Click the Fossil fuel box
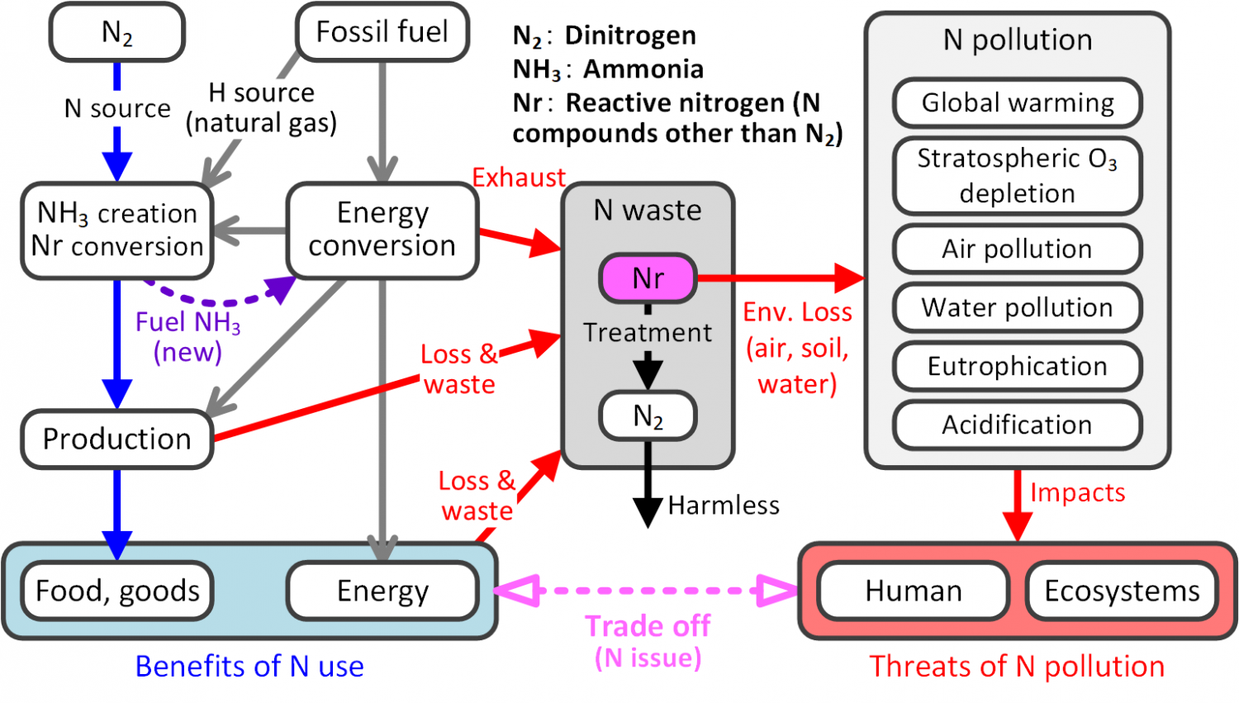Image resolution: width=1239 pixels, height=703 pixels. click(x=382, y=32)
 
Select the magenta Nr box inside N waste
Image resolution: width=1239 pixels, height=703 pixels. click(x=648, y=278)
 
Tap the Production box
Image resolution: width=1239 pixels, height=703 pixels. click(x=117, y=439)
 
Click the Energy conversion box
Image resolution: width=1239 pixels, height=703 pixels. click(x=382, y=230)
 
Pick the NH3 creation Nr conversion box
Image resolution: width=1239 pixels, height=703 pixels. click(x=117, y=230)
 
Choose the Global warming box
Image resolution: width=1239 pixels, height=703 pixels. click(x=1017, y=103)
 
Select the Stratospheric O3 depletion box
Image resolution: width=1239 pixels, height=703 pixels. click(x=1017, y=176)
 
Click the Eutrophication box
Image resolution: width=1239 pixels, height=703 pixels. click(x=1017, y=366)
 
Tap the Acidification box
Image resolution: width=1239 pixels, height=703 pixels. click(x=1017, y=425)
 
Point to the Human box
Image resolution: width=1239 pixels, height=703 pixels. click(x=914, y=591)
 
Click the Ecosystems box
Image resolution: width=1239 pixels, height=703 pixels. click(x=1122, y=591)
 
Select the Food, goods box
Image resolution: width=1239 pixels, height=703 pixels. click(x=117, y=591)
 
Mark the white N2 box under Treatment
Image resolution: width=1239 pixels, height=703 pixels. click(x=648, y=416)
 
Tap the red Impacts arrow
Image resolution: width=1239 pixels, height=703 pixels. click(x=1017, y=506)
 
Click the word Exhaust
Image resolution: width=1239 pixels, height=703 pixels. click(x=519, y=178)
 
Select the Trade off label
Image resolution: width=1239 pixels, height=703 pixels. click(x=648, y=626)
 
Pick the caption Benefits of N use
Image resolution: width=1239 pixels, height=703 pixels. click(x=249, y=667)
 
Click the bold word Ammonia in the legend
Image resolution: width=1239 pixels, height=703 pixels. click(x=643, y=69)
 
